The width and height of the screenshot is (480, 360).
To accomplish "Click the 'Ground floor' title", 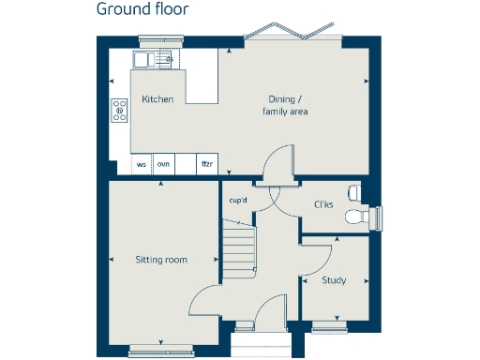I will (142, 10).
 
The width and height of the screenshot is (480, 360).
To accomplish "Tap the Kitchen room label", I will (157, 99).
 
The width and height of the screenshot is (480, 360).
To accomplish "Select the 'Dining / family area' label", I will (285, 105).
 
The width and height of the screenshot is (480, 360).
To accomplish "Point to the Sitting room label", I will (160, 260).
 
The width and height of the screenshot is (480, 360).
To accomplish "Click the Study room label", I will (334, 280).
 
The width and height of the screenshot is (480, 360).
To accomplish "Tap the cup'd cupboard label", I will (238, 201).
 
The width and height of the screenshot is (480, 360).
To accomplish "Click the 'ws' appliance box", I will (142, 164).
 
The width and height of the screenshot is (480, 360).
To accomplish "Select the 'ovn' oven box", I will (164, 164).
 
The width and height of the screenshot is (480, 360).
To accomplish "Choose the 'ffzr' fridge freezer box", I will (207, 164).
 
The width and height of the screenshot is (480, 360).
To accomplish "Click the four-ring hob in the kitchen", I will (119, 110).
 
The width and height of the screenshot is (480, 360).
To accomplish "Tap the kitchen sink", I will (154, 60).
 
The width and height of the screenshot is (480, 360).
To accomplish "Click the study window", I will (330, 326).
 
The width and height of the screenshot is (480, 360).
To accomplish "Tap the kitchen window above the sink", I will (154, 39).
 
